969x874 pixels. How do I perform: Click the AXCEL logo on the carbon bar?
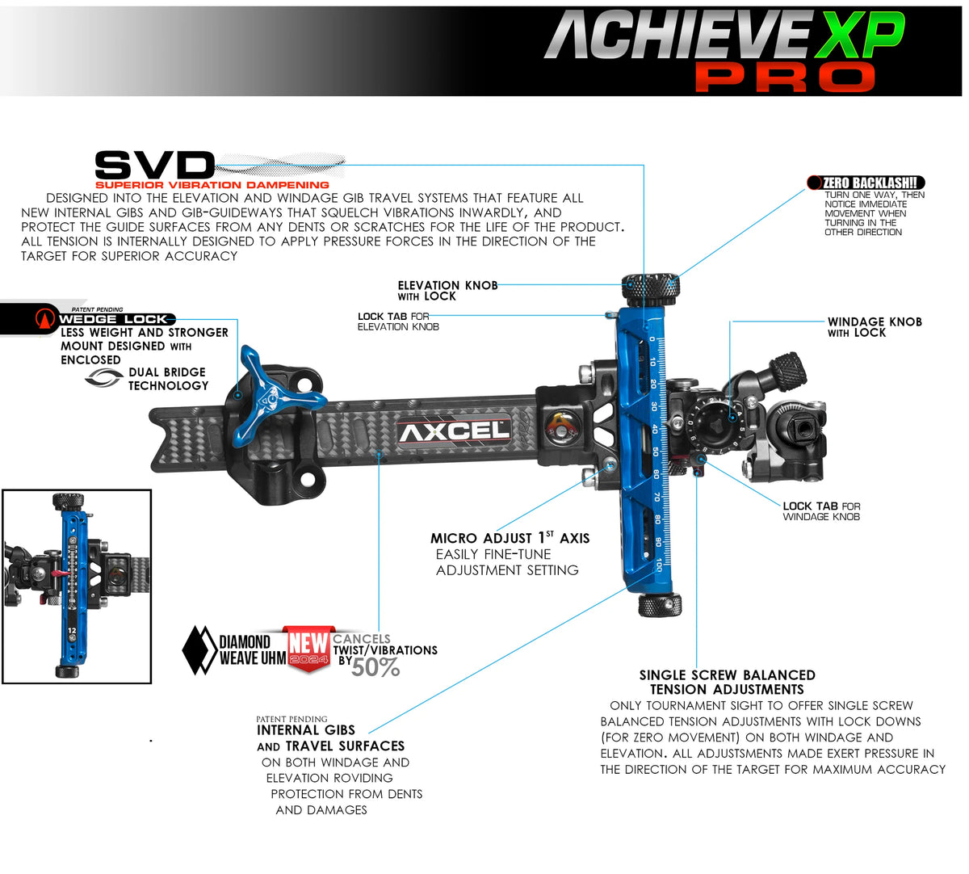pyautogui.click(x=455, y=431)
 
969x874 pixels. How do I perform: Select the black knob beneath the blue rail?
pyautogui.click(x=660, y=605)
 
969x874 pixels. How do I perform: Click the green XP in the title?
pyautogui.click(x=858, y=37)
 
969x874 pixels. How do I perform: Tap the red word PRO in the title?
pyautogui.click(x=785, y=78)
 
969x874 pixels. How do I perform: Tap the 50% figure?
pyautogui.click(x=375, y=667)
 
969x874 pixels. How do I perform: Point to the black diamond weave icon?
pyautogui.click(x=196, y=649)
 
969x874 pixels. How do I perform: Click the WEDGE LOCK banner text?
pyautogui.click(x=113, y=319)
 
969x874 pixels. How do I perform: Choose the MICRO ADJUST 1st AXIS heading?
pyautogui.click(x=510, y=538)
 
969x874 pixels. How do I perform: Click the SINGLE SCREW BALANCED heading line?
pyautogui.click(x=727, y=675)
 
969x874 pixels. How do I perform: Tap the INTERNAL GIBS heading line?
pyautogui.click(x=306, y=730)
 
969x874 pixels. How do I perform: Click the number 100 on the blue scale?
pyautogui.click(x=659, y=565)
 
